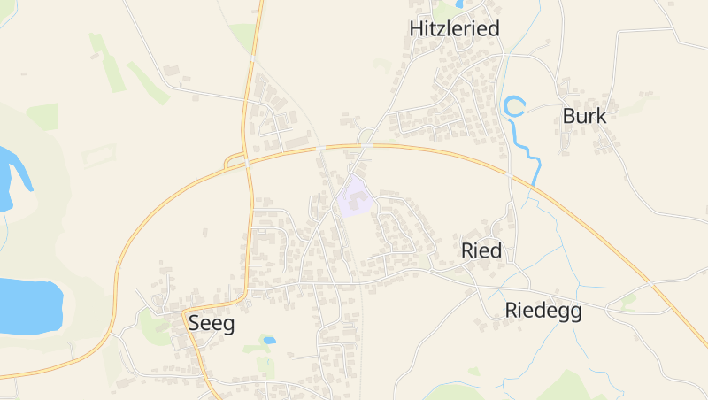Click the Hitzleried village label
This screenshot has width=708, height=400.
point(454,28)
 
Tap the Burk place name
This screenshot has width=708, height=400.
point(584,116)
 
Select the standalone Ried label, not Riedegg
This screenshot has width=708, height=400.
point(481,250)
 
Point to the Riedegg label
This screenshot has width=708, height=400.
point(543,311)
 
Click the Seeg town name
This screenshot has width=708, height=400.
point(212,324)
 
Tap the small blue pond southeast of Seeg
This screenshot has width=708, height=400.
point(269,340)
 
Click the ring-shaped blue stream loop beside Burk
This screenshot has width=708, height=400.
point(514,107)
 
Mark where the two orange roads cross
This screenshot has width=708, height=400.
point(248,159)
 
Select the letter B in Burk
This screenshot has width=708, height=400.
point(569,116)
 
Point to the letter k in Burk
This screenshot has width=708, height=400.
point(601,116)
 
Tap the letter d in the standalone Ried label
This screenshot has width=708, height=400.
point(496,250)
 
